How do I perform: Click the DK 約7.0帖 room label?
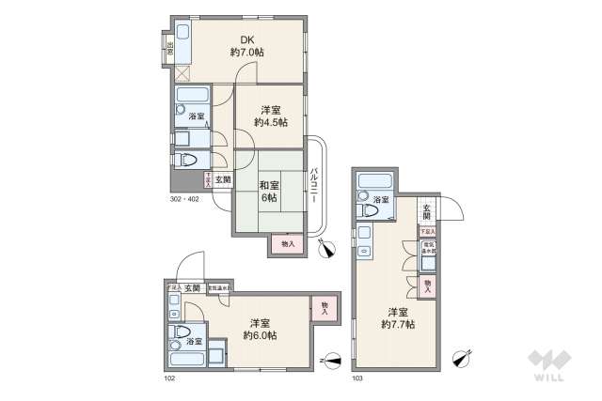point(246,46)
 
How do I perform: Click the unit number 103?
point(357,378)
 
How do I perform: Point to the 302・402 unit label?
point(185,199)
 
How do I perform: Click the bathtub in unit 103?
point(376,181)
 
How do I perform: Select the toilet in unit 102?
point(182,332)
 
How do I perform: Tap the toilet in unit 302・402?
point(186,159)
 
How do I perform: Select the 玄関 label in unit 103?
point(427,210)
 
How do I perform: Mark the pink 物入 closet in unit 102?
point(325,306)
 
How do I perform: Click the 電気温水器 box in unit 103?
point(428,249)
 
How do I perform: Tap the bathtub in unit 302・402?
point(192,96)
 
